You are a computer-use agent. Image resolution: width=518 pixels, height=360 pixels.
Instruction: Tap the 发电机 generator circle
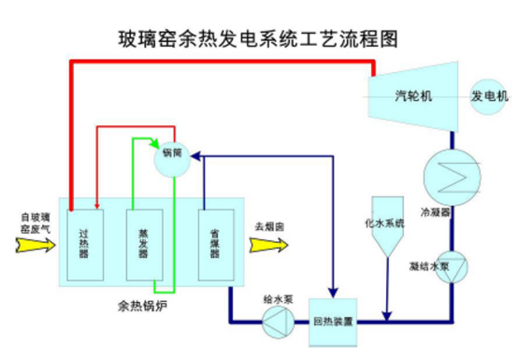click(x=488, y=96)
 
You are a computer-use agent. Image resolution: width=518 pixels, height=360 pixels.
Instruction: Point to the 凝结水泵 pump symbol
click(x=452, y=266)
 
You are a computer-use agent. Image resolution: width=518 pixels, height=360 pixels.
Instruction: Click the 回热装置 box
click(x=334, y=322)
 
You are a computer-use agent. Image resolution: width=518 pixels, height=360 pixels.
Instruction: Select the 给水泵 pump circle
click(x=278, y=324)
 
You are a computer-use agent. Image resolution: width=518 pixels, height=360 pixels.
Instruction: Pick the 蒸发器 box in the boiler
click(x=143, y=245)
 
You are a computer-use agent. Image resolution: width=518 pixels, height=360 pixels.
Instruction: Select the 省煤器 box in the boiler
click(x=214, y=245)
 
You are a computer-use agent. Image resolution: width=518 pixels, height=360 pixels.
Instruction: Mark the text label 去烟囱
click(x=269, y=225)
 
